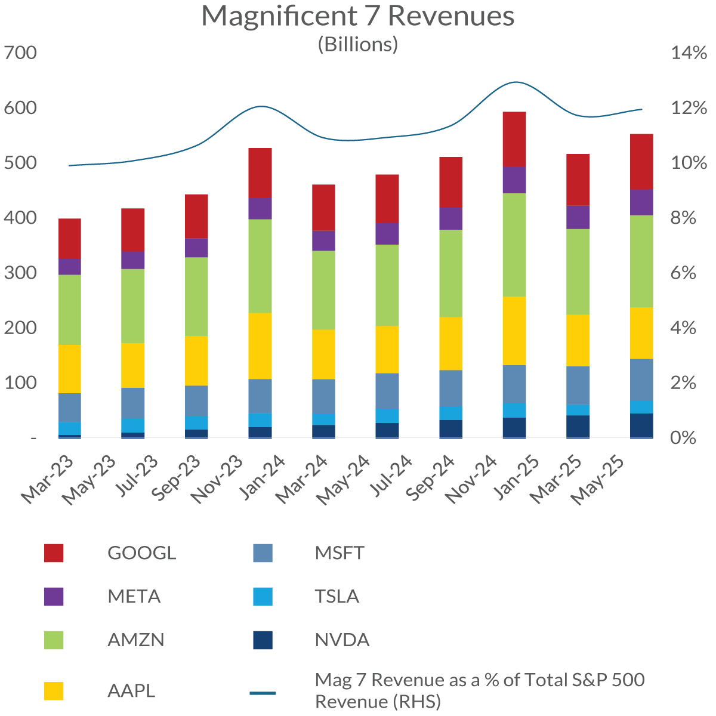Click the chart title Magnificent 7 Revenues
tap(358, 16)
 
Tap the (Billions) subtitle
tap(358, 44)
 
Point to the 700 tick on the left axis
tap(20, 53)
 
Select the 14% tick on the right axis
tap(689, 53)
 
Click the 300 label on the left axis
tap(20, 273)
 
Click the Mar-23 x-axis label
tap(48, 480)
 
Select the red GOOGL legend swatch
tap(54, 553)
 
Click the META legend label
tap(134, 596)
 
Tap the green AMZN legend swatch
tap(54, 640)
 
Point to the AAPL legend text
tap(131, 690)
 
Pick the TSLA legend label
tap(337, 596)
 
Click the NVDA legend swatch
tap(263, 640)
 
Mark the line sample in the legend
tap(263, 693)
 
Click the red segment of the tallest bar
tap(514, 139)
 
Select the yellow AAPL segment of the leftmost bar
tap(70, 369)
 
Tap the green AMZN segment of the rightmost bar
tap(642, 261)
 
